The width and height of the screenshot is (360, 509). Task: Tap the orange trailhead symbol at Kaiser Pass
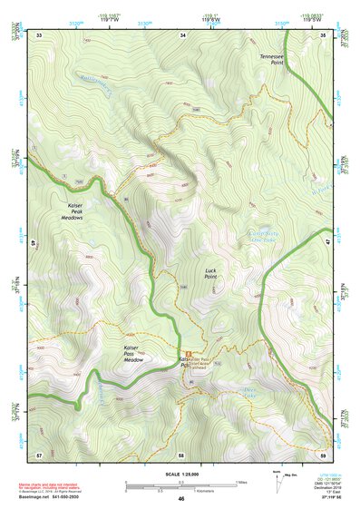(x=188, y=352)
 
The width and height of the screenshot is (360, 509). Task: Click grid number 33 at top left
(x=39, y=35)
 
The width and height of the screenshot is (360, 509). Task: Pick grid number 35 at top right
(x=324, y=35)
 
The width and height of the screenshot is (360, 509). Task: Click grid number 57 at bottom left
(x=39, y=454)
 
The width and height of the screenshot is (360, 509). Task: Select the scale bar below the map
(x=181, y=486)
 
